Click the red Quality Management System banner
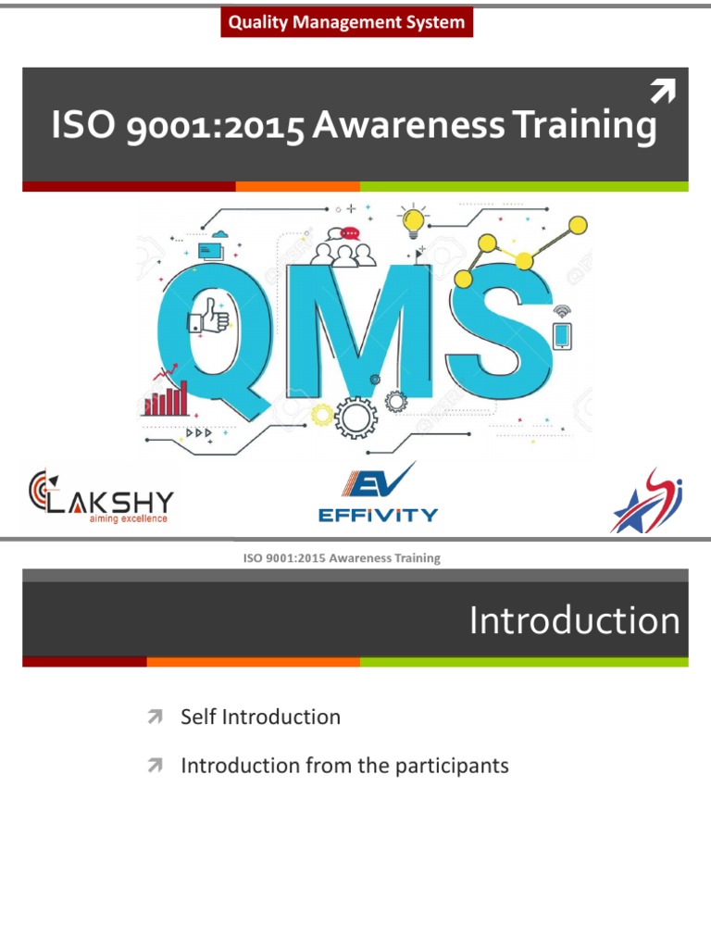[x=346, y=22]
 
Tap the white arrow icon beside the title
[x=662, y=92]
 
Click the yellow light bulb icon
[x=414, y=222]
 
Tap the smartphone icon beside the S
[x=561, y=334]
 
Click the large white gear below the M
[x=355, y=417]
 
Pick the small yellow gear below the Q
[x=321, y=415]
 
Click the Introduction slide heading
[x=574, y=620]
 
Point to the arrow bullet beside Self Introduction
[x=155, y=717]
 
